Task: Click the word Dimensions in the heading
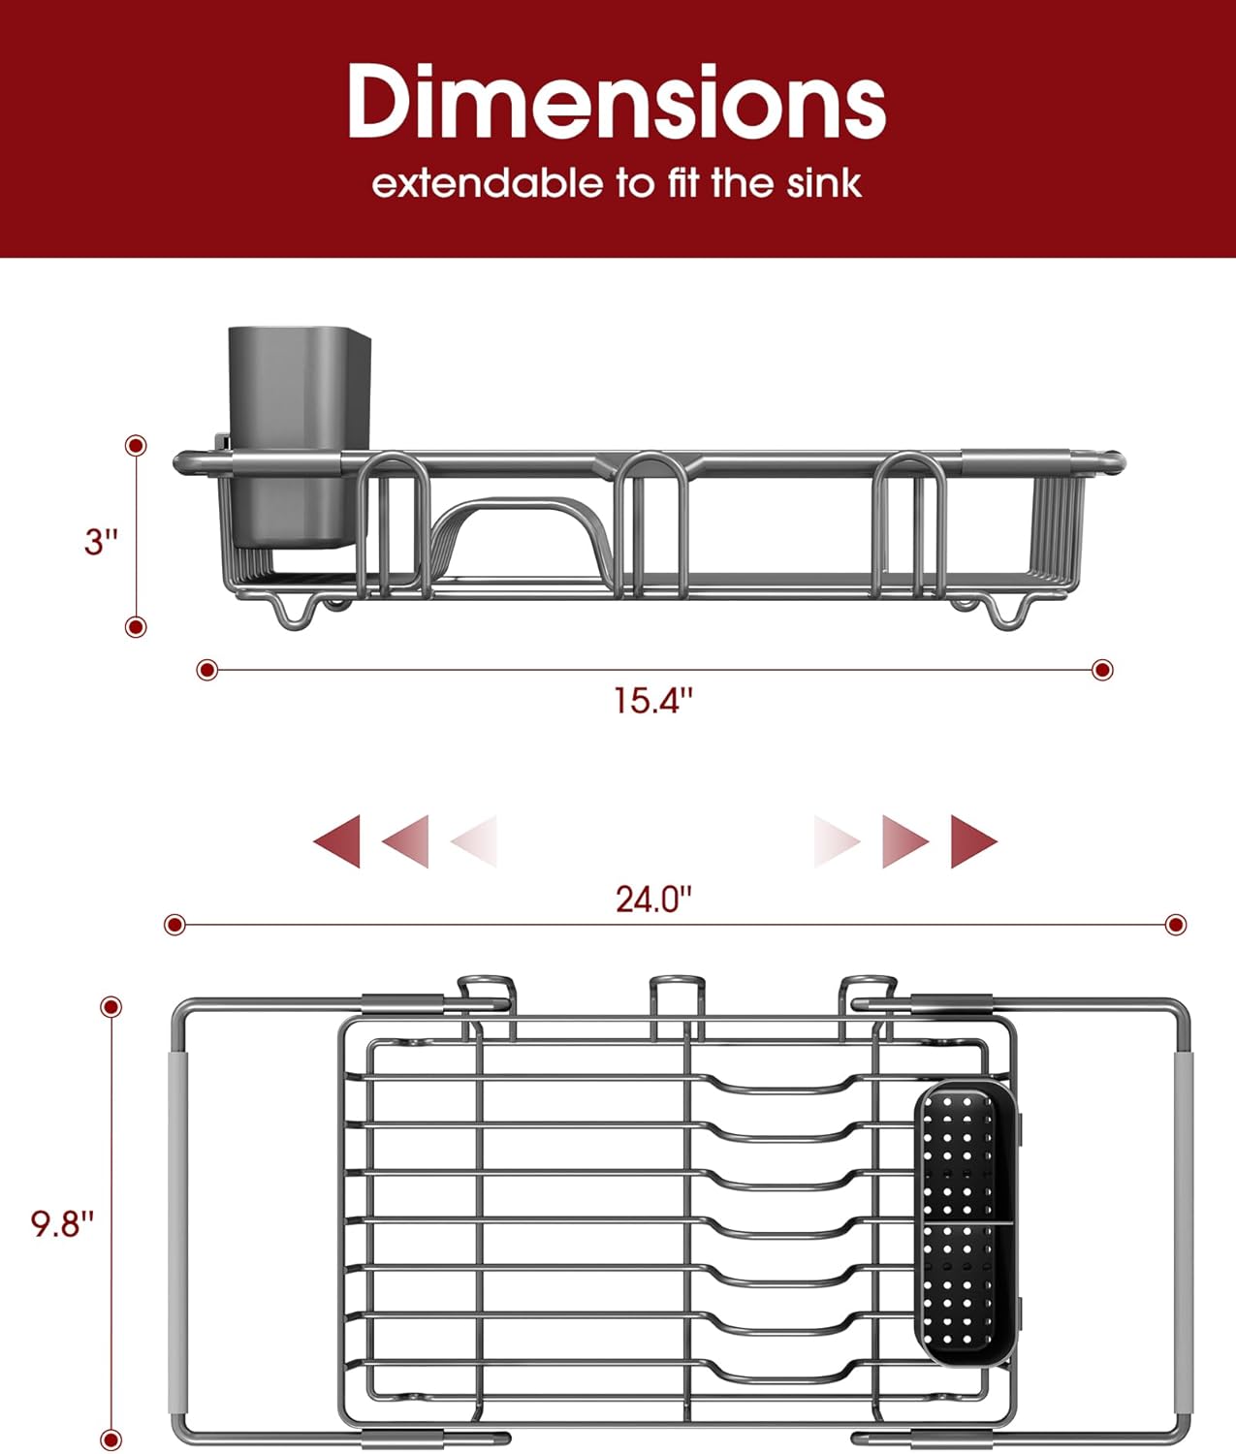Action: [617, 102]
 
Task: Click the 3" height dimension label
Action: [101, 541]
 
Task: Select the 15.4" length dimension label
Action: [653, 700]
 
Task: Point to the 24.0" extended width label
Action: [653, 900]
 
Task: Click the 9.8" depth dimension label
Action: [62, 1223]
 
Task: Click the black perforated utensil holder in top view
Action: [965, 1223]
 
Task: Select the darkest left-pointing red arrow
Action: [337, 840]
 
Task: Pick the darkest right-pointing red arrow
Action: [973, 840]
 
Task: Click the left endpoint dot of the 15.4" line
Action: [206, 670]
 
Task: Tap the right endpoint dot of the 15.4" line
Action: [1102, 670]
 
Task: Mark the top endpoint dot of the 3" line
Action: [137, 446]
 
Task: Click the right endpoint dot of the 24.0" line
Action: [1176, 925]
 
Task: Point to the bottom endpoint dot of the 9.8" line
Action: [112, 1440]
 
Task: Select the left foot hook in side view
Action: [296, 614]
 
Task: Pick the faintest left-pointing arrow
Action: [475, 840]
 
